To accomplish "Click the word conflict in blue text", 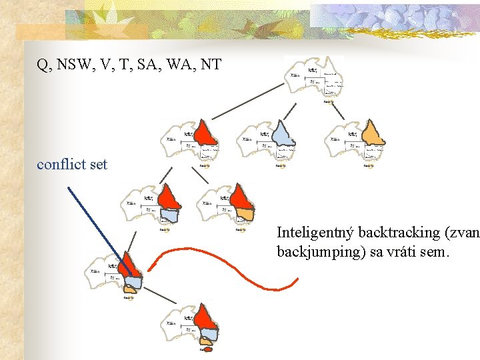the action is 62,164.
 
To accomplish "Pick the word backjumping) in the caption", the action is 318,252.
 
